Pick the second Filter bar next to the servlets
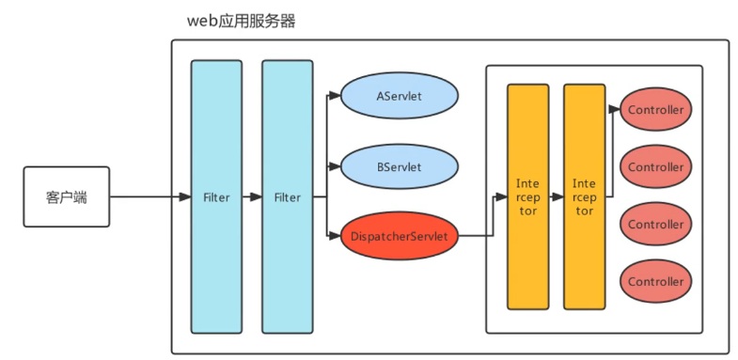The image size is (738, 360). click(287, 197)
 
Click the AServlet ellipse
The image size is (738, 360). click(399, 97)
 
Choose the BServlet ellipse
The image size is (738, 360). click(399, 167)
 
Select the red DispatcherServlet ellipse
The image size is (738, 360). click(399, 235)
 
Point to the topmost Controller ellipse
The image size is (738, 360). click(655, 110)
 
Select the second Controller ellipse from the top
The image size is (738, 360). click(655, 167)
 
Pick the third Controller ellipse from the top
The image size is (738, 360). click(655, 225)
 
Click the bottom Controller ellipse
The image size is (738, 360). click(655, 282)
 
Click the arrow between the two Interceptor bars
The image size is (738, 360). click(556, 197)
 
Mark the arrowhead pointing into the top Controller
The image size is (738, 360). click(616, 110)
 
